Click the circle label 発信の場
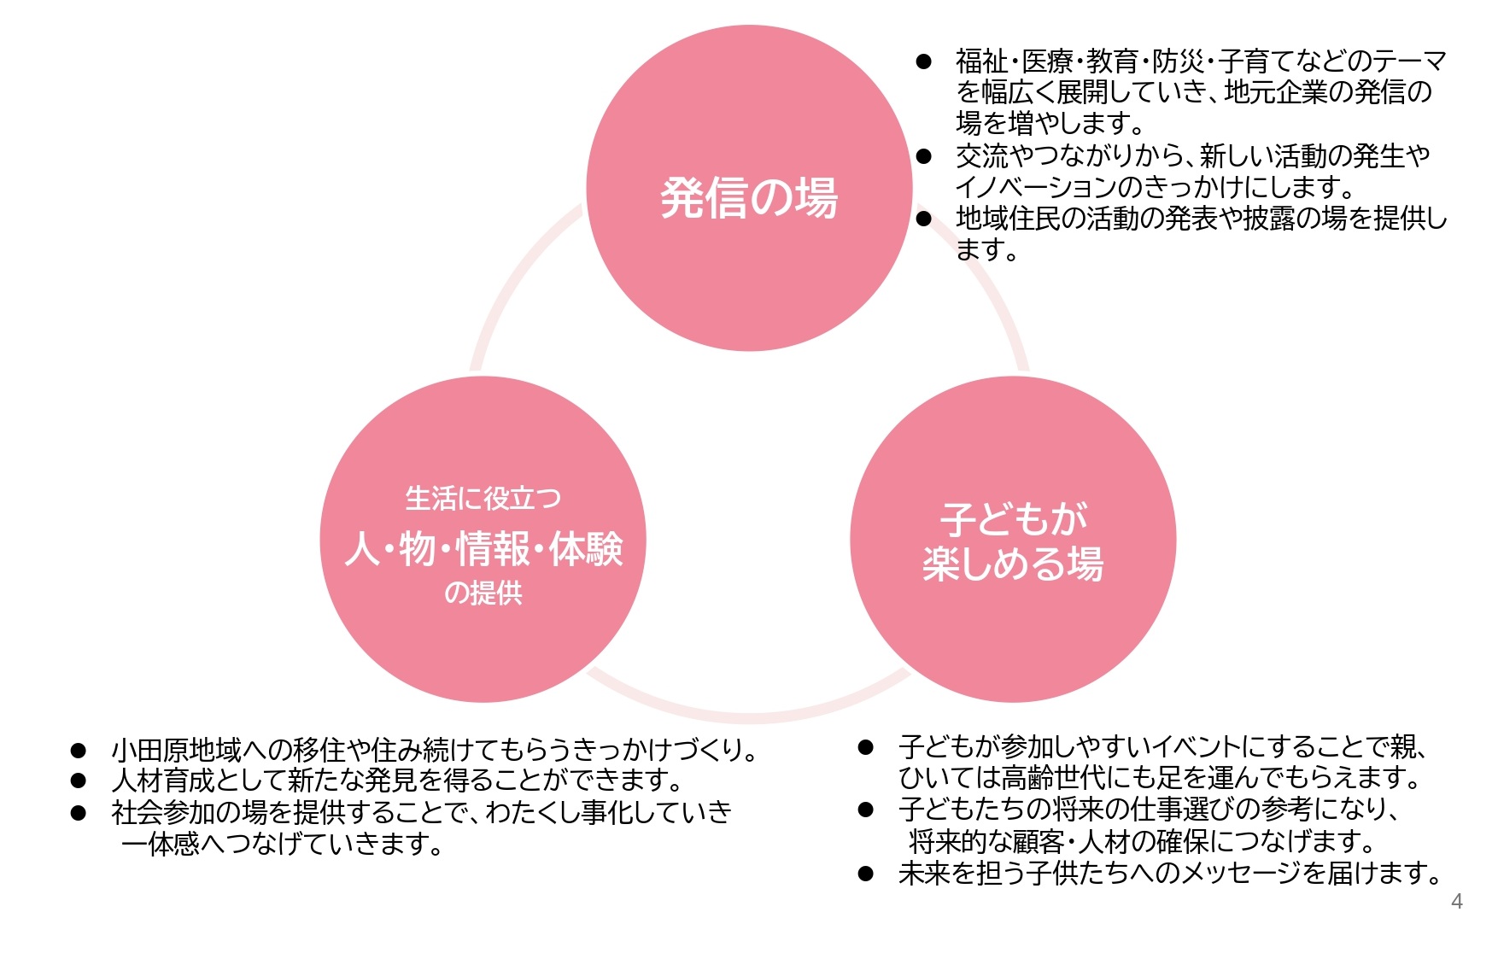point(749,198)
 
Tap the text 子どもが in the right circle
point(1014,518)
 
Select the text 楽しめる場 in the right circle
point(1013,564)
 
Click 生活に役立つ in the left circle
point(483,499)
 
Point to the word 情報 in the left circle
point(493,549)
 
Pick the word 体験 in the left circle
point(586,549)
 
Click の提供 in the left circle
point(483,593)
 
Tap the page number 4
point(1457,902)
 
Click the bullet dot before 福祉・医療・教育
point(923,61)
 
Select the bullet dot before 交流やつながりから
point(923,156)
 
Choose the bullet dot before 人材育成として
point(79,781)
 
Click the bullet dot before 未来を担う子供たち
point(866,874)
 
